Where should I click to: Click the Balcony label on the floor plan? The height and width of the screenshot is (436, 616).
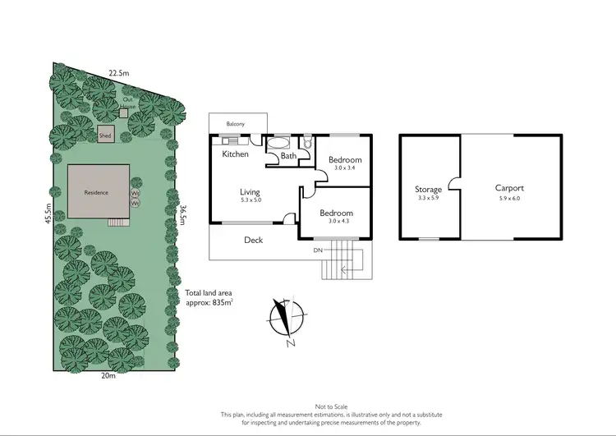click(236, 124)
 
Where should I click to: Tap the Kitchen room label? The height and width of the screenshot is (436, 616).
click(235, 154)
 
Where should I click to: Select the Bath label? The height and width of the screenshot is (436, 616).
click(288, 156)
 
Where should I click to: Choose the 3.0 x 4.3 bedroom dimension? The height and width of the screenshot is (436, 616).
click(335, 220)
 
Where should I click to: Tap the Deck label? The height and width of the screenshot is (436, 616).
click(253, 241)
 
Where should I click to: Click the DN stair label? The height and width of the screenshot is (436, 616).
click(317, 250)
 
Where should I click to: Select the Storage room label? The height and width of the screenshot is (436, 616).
click(429, 190)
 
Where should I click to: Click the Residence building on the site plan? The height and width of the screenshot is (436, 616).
click(97, 193)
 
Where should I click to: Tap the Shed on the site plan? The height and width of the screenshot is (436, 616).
click(105, 135)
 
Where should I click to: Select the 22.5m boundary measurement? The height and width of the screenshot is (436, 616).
click(119, 73)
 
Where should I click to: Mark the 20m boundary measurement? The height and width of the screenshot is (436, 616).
click(108, 376)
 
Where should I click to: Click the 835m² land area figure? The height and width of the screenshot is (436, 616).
click(221, 302)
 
